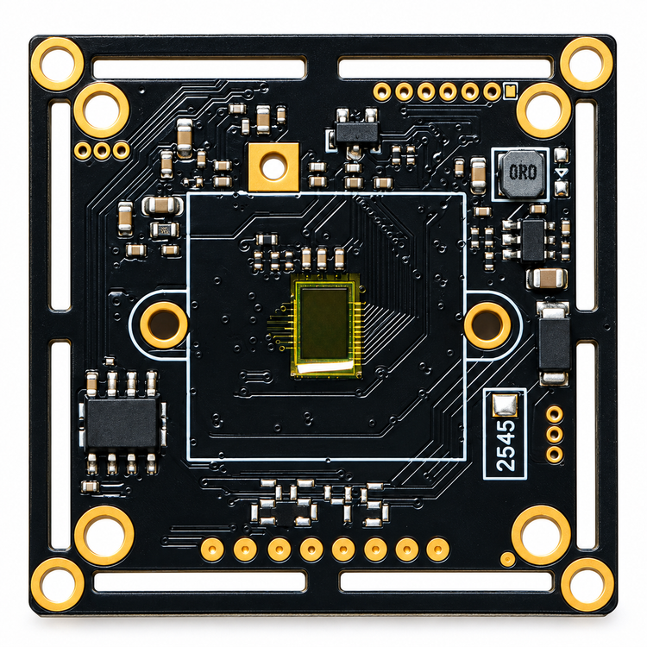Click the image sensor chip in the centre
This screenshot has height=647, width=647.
[x=324, y=325]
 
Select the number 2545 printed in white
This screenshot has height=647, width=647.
[x=506, y=446]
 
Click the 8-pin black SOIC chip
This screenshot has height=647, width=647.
[x=122, y=422]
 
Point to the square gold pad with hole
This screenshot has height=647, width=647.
[x=273, y=167]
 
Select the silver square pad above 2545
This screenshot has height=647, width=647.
[x=505, y=405]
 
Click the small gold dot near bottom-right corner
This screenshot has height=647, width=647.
[x=507, y=559]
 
